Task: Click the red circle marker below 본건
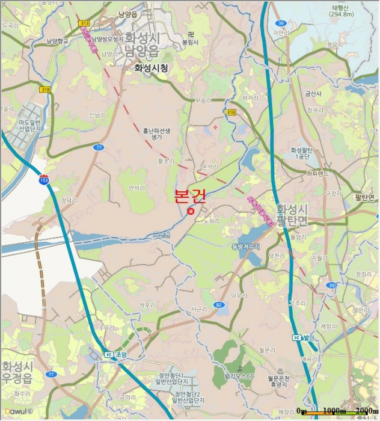pyautogui.click(x=191, y=211)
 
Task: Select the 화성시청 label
pyautogui.click(x=147, y=68)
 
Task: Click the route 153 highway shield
pyautogui.click(x=44, y=180)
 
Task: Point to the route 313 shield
pyautogui.click(x=84, y=23)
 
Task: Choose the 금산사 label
pyautogui.click(x=314, y=94)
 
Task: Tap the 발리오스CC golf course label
pyautogui.click(x=240, y=376)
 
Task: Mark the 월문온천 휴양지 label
pyautogui.click(x=278, y=381)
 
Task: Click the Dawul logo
pyautogui.click(x=17, y=413)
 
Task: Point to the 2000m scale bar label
pyautogui.click(x=366, y=411)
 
